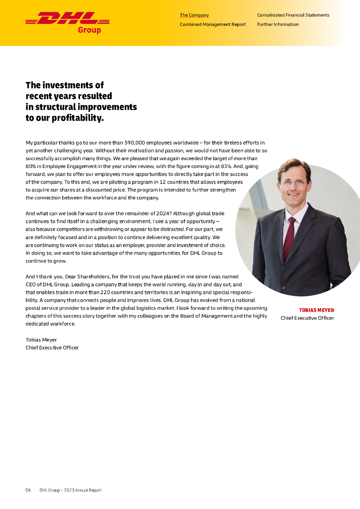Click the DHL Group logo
[67, 22]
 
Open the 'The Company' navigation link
[194, 15]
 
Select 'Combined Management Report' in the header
[212, 24]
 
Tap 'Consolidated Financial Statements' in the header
[293, 15]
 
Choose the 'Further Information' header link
[278, 24]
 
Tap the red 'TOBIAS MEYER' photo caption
[316, 310]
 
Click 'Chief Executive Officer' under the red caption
[307, 318]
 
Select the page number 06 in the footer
[28, 490]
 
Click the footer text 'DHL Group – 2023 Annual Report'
[70, 490]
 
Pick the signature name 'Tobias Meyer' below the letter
[41, 340]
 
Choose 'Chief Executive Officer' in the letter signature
[52, 348]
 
